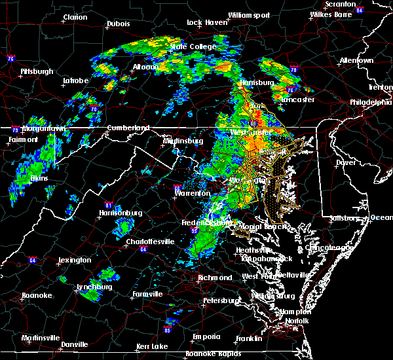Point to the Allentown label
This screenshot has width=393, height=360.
tap(356, 60)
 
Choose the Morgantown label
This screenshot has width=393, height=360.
tap(41, 129)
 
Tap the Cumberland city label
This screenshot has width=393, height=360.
tap(128, 128)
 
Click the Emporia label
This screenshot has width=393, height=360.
tap(206, 336)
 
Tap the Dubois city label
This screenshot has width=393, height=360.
tap(118, 24)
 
